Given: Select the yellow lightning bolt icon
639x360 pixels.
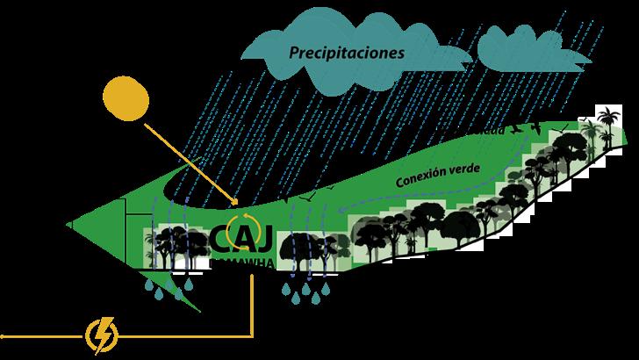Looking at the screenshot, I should (102, 334).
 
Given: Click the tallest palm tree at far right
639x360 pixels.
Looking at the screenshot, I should (606, 123).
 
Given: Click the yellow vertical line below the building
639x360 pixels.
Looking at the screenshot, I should (253, 303).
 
